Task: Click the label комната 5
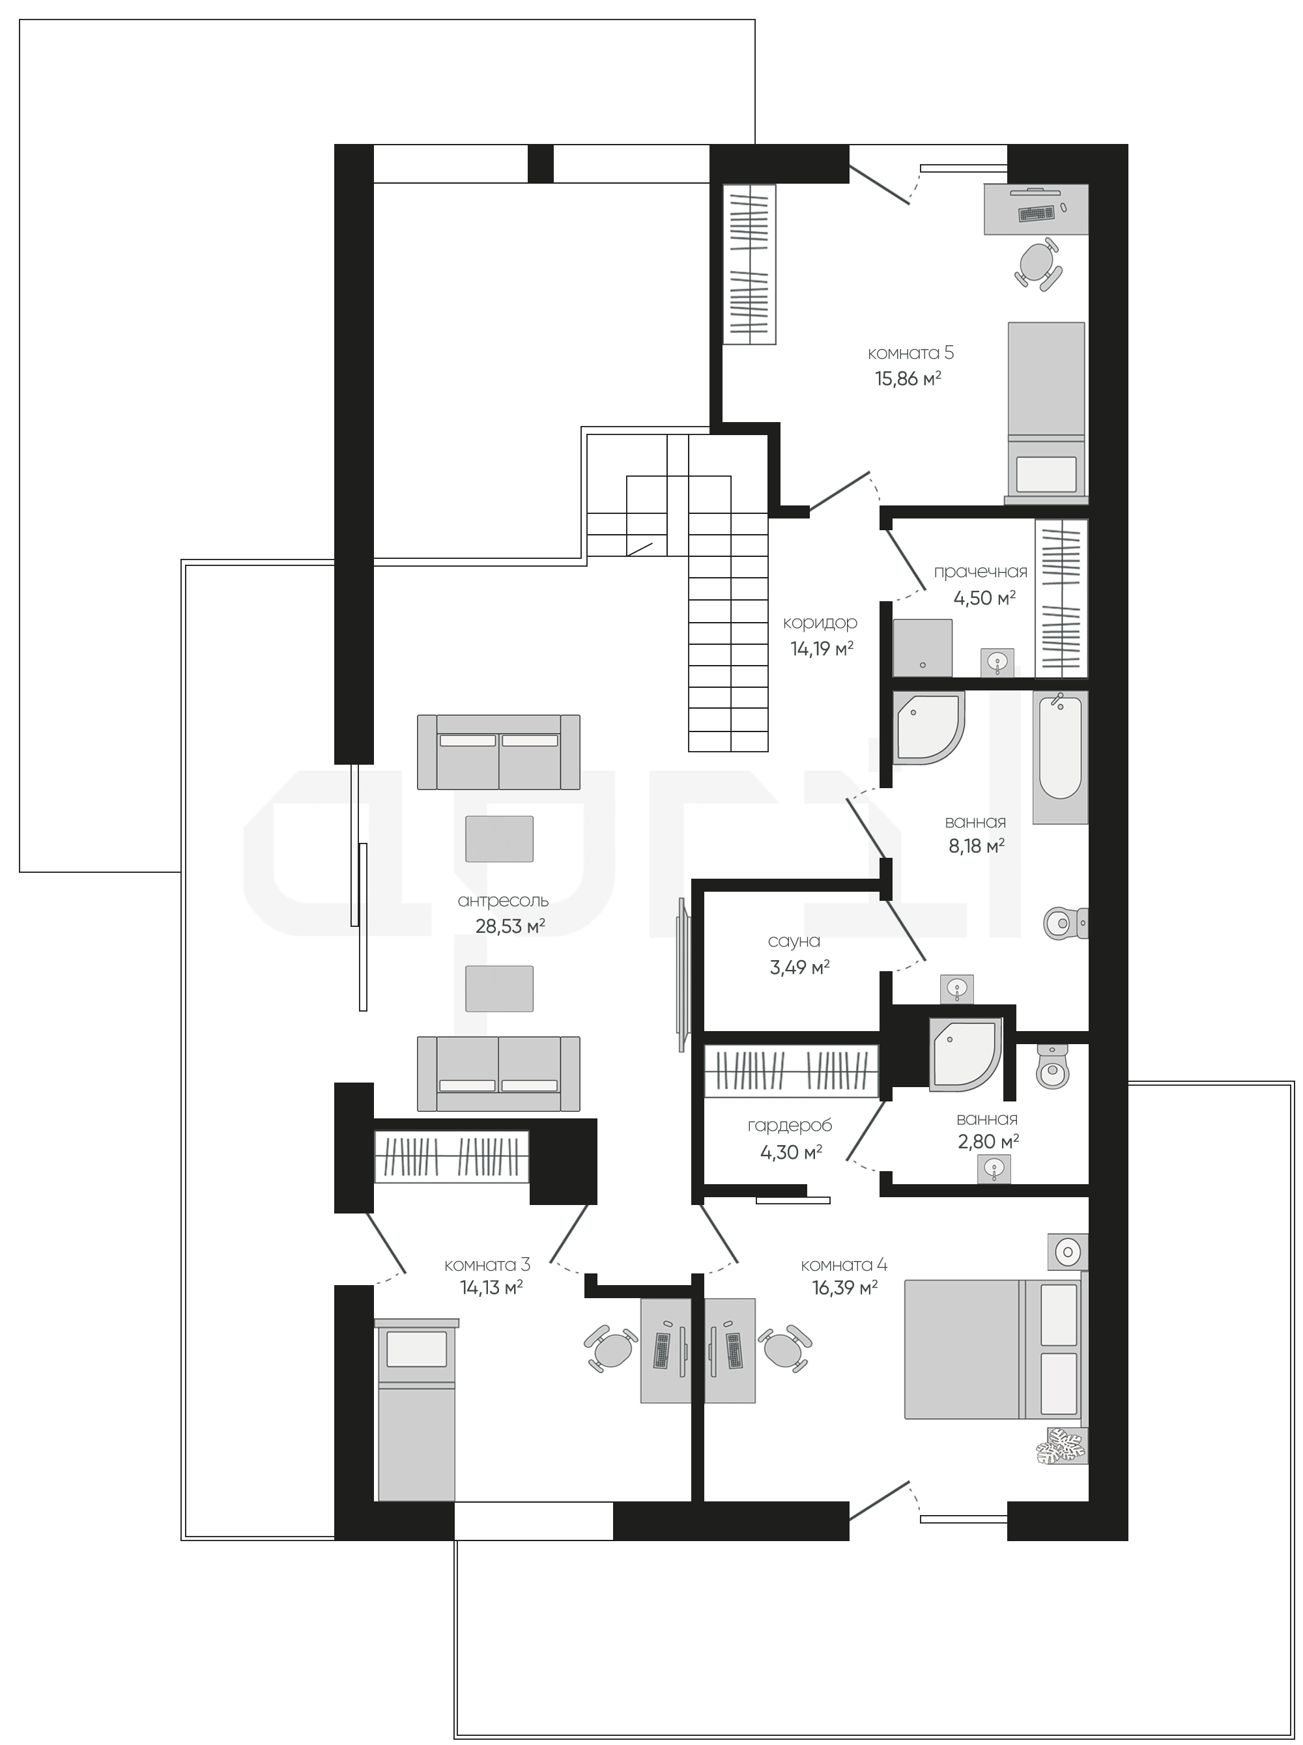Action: click(910, 352)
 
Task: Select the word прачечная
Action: click(981, 573)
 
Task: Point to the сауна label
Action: click(794, 941)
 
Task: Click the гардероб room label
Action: click(790, 1127)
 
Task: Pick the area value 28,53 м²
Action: click(510, 926)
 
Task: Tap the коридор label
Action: click(820, 623)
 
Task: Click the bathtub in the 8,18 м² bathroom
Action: click(1060, 757)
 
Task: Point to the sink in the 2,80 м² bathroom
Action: click(994, 1169)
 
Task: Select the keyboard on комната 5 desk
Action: click(1037, 213)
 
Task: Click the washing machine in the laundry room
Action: click(923, 648)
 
